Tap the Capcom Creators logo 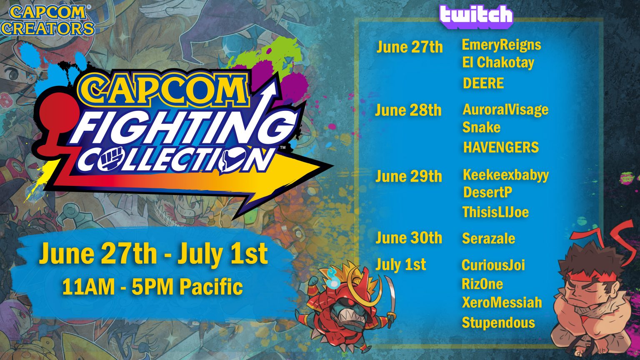pyautogui.click(x=47, y=20)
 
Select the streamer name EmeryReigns pyautogui.click(x=501, y=45)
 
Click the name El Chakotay pyautogui.click(x=498, y=63)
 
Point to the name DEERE pyautogui.click(x=483, y=83)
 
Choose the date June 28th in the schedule pyautogui.click(x=408, y=110)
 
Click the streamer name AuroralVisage pyautogui.click(x=505, y=110)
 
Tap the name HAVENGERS pyautogui.click(x=501, y=147)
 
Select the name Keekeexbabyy pyautogui.click(x=505, y=175)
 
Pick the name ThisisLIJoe pyautogui.click(x=495, y=212)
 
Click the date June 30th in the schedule pyautogui.click(x=408, y=238)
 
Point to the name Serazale pyautogui.click(x=488, y=239)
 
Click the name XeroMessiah pyautogui.click(x=502, y=302)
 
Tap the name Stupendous pyautogui.click(x=498, y=322)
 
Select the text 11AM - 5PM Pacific pyautogui.click(x=152, y=287)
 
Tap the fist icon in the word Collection pyautogui.click(x=105, y=160)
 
